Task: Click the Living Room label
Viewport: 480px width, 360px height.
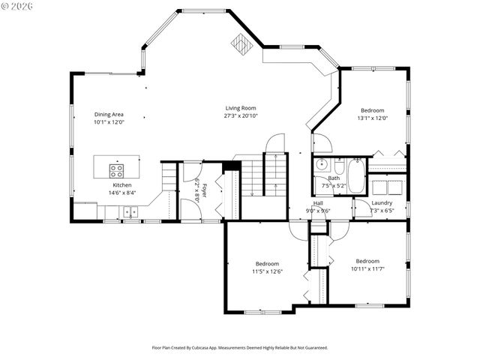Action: [x=240, y=108]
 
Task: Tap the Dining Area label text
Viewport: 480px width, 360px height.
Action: [x=109, y=114]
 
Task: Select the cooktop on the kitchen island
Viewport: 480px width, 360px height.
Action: [x=118, y=169]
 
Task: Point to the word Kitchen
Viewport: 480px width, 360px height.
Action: [x=122, y=185]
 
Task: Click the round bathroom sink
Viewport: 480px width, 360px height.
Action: [x=321, y=163]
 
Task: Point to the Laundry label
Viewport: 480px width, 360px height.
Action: [x=382, y=202]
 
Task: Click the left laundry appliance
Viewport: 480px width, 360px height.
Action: [x=381, y=186]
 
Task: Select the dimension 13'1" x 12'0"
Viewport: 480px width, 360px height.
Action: [x=373, y=118]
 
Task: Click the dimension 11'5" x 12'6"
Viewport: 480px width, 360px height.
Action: [x=267, y=271]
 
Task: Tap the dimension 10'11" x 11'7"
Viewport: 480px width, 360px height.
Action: [x=367, y=268]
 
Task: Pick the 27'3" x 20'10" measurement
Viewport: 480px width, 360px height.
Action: [x=240, y=115]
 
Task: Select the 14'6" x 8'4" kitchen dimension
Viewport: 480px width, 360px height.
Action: [x=122, y=193]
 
